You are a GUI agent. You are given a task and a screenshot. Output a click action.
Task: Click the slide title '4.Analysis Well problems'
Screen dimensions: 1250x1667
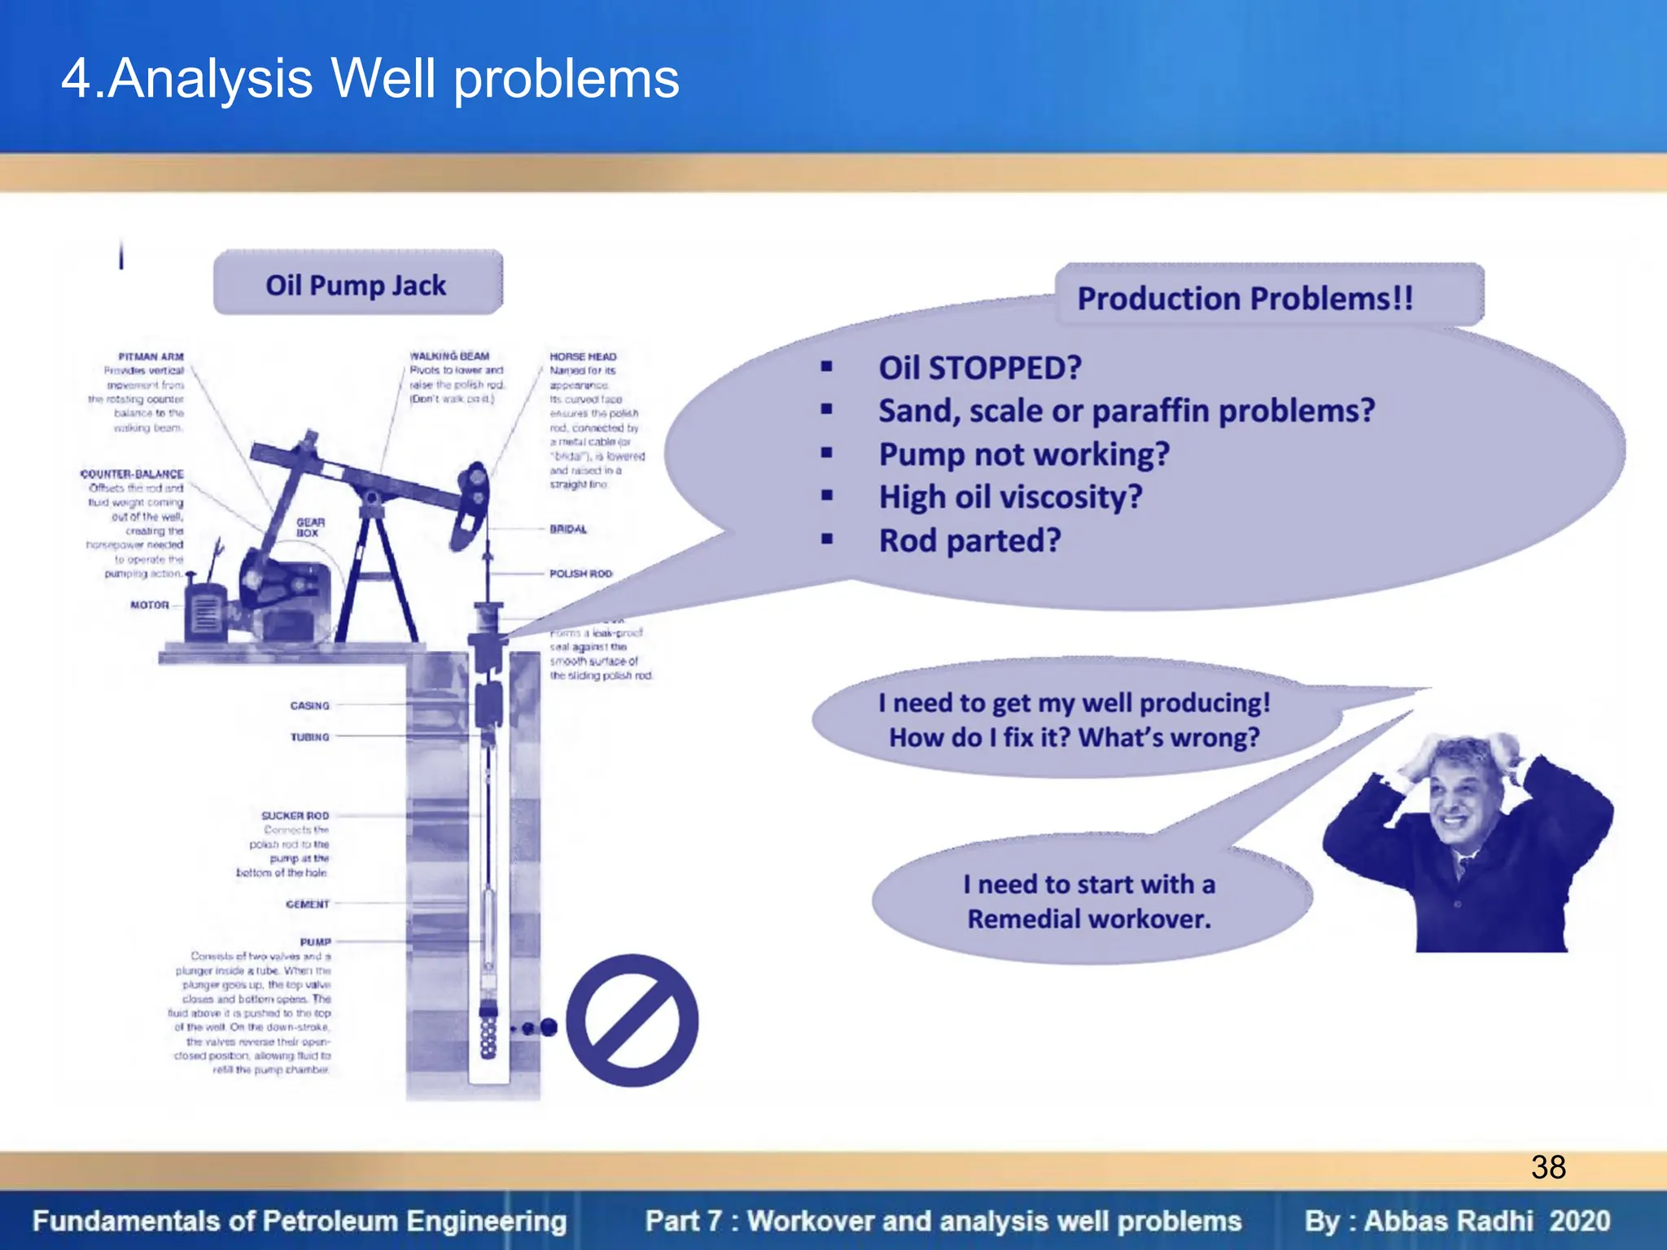tap(370, 79)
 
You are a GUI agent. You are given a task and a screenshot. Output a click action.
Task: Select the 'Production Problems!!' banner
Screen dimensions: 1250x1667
tap(1245, 298)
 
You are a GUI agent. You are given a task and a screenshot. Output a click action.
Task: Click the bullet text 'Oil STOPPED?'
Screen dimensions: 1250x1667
tap(979, 368)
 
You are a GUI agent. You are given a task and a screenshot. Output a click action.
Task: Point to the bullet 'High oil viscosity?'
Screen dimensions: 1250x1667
tap(1010, 496)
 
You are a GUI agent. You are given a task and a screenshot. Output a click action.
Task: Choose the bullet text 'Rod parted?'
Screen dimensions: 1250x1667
tap(969, 540)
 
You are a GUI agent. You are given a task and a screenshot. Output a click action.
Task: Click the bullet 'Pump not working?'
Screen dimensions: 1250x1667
tap(1023, 454)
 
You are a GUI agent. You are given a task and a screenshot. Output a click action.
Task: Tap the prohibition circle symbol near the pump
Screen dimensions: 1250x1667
tap(632, 1021)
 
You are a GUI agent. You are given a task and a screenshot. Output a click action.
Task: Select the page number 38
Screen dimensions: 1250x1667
tap(1547, 1167)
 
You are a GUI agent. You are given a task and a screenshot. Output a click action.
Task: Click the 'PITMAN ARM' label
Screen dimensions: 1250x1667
tap(151, 356)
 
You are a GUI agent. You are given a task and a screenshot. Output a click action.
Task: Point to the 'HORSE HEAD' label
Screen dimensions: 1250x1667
tap(583, 356)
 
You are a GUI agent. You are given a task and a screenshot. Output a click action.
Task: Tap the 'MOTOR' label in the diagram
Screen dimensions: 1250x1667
tap(150, 605)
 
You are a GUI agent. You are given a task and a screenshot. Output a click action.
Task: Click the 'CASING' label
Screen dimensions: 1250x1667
tap(309, 706)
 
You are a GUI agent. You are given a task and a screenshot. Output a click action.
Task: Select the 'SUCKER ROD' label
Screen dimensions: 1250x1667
tap(295, 815)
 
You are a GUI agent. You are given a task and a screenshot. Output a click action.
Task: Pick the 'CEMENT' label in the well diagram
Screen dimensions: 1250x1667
tap(308, 904)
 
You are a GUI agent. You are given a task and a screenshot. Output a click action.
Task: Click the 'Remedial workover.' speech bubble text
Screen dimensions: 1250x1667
tap(1089, 919)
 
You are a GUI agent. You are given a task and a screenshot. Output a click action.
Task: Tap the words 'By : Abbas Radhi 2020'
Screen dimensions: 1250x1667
tap(1456, 1221)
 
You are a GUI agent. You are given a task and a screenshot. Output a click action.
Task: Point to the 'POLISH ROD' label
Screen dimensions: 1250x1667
tap(580, 574)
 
